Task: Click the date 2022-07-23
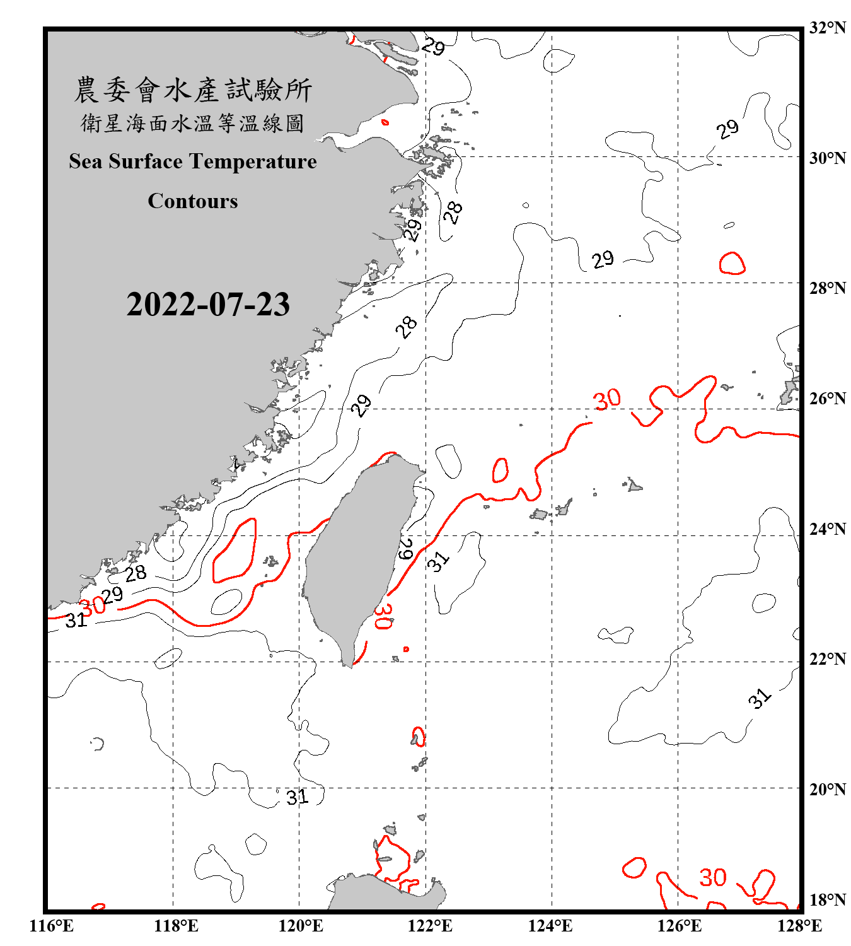208,305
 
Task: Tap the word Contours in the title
193,201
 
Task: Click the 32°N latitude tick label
827,28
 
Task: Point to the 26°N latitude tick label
827,399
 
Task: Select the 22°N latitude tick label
827,659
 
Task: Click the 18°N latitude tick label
827,900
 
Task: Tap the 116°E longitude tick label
52,926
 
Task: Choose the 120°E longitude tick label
301,926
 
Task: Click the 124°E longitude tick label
550,926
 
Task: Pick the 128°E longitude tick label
799,926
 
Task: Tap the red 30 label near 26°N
607,399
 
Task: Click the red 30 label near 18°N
713,877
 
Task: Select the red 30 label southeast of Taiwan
383,616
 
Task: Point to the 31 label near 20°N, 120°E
298,797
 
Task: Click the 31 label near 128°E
760,698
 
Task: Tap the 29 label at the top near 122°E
433,46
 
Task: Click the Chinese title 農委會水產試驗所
193,90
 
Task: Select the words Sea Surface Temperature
193,161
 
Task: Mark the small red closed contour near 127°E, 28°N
732,263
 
